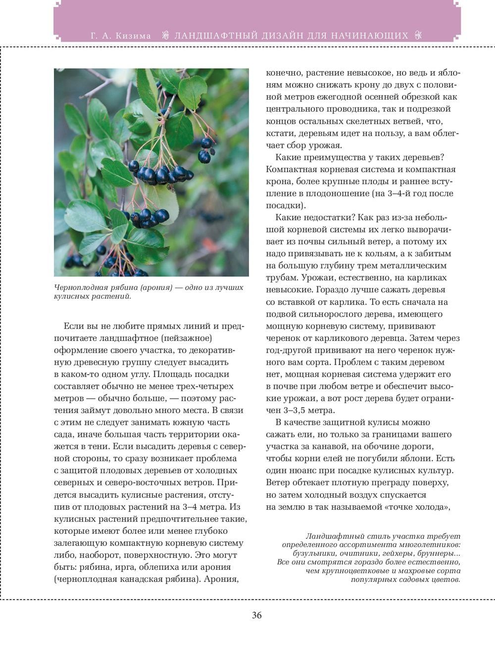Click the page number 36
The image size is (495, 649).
coord(256,615)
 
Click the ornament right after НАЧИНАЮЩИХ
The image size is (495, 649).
coord(419,36)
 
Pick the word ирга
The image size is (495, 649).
coord(126,566)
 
